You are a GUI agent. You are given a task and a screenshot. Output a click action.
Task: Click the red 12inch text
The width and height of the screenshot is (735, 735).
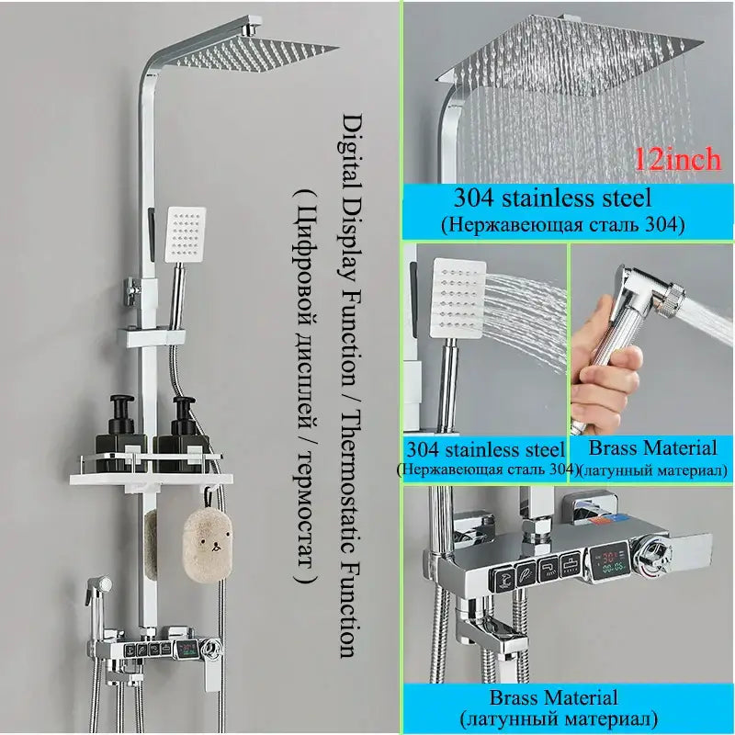(678, 160)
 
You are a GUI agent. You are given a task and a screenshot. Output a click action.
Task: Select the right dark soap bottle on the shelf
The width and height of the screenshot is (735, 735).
(182, 435)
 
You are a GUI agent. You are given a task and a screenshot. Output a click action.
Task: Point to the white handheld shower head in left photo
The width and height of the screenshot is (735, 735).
(186, 234)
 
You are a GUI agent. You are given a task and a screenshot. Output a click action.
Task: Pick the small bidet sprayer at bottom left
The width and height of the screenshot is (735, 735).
(97, 592)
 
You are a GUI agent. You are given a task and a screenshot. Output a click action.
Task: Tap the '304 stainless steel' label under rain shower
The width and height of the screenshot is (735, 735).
(553, 198)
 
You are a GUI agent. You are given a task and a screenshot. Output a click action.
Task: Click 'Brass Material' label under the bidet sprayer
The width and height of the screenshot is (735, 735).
(652, 447)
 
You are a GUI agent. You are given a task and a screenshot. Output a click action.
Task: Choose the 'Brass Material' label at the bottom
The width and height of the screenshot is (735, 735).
(554, 697)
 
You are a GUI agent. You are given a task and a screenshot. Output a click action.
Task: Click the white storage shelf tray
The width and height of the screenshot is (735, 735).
(152, 478)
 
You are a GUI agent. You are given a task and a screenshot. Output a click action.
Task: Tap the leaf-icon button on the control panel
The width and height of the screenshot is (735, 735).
(526, 571)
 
